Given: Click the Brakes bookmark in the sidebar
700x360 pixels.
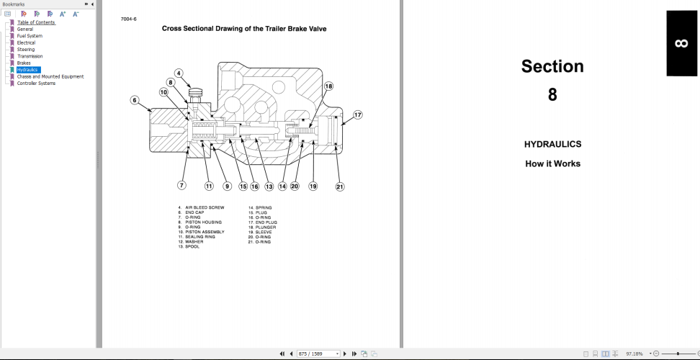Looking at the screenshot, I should pos(24,63).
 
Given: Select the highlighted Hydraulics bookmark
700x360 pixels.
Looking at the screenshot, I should pos(27,70).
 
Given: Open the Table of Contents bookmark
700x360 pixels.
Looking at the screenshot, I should pos(36,22).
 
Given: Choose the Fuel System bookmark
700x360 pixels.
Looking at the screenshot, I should pos(30,36).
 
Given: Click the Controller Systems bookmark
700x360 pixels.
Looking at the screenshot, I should pos(36,83).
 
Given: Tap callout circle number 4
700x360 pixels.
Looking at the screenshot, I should pos(179,73).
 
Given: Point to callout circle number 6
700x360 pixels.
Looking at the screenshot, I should pos(134,101).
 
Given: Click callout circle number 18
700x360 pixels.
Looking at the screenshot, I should pos(328,86).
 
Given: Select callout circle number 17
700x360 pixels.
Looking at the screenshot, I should pos(357,114).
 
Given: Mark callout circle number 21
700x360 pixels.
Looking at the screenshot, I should pos(340,186).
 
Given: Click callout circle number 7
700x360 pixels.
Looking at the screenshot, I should pos(181,185).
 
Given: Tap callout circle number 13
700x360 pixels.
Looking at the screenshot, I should pos(269,186).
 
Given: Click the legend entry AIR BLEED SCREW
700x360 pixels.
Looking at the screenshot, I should pos(205,207).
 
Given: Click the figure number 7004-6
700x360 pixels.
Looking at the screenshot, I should pos(129,19).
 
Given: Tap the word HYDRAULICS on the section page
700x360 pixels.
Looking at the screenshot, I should pos(552,144).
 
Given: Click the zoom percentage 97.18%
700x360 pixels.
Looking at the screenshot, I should pos(634,354).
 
